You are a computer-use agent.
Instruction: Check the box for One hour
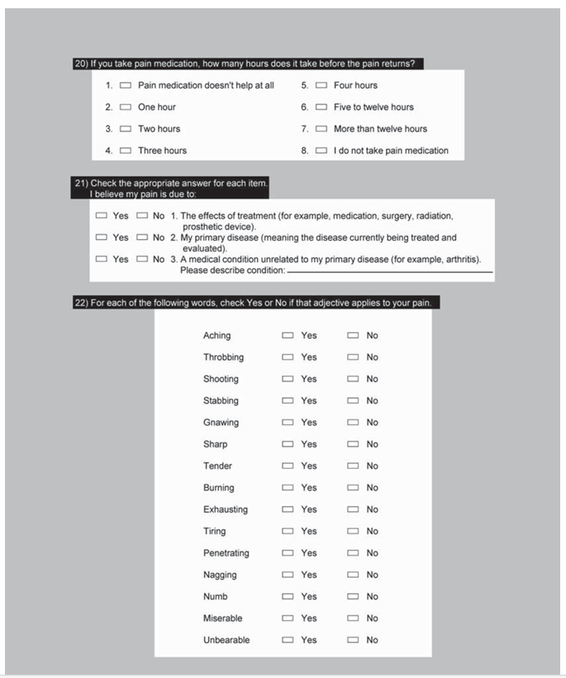point(126,107)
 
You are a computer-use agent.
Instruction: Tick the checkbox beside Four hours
point(321,86)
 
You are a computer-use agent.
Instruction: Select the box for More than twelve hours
point(321,129)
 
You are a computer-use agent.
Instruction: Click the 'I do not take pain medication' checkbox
point(321,150)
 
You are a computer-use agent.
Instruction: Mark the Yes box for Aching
point(288,336)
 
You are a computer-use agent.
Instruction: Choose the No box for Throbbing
point(353,357)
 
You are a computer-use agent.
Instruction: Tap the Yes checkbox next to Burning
point(288,488)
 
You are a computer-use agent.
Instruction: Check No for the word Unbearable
point(353,640)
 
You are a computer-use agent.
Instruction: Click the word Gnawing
point(221,423)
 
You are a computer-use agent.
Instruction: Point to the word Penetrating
point(226,553)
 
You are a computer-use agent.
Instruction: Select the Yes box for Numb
point(288,596)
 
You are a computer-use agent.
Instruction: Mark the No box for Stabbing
point(353,401)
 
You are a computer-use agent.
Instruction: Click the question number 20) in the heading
point(81,64)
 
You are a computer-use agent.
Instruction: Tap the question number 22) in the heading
point(81,303)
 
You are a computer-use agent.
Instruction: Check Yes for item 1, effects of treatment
point(102,216)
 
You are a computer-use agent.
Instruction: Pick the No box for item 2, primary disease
point(141,237)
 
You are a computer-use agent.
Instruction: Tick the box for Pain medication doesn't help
point(126,86)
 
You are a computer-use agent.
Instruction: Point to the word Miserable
point(222,618)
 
